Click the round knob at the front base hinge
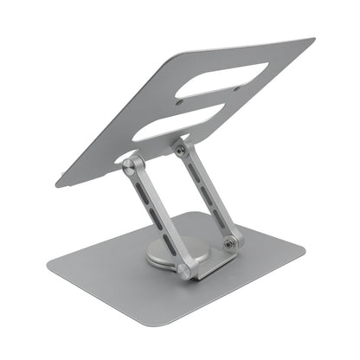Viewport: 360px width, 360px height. point(183,270)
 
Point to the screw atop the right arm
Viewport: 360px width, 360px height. point(180,150)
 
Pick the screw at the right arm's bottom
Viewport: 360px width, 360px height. point(228,244)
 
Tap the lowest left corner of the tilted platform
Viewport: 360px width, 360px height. point(59,183)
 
